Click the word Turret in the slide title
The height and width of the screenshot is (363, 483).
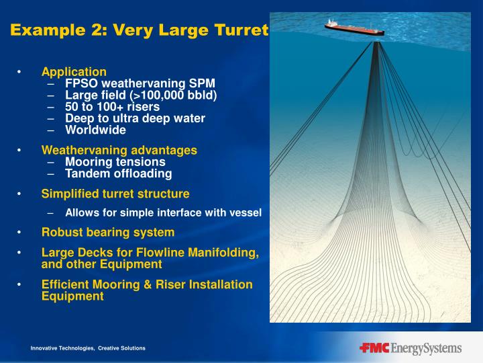240,30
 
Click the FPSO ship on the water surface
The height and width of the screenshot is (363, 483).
354,28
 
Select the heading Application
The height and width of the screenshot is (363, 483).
74,72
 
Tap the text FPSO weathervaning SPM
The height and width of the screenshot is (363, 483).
140,83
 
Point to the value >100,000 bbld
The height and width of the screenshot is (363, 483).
182,95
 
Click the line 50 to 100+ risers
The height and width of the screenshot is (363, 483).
112,107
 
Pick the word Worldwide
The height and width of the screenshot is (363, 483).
95,130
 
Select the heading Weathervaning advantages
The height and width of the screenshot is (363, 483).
119,150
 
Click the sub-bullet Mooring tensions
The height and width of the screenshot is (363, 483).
115,162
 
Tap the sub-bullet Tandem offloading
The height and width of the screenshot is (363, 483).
118,173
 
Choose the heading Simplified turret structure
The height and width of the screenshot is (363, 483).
115,194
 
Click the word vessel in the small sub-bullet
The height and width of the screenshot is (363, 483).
246,213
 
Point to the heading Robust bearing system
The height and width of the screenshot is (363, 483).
107,233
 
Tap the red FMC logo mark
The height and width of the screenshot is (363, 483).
374,348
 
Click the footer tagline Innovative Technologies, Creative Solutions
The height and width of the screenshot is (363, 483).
87,348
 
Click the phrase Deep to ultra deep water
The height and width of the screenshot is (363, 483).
135,118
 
